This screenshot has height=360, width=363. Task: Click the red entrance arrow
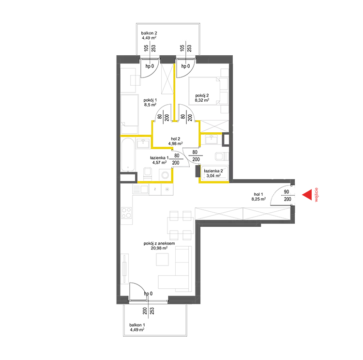pos(307,195)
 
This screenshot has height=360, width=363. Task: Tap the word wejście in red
pos(317,195)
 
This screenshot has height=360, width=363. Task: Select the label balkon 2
pos(149,33)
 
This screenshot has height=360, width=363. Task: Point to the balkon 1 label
pos(137,325)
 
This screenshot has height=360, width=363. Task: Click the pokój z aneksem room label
pos(159,243)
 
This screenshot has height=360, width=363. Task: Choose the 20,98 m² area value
pos(159,248)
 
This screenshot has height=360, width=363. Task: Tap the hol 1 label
pos(258,194)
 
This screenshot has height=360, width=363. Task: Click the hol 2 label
pos(175,139)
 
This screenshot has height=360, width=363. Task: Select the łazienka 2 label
pos(213,171)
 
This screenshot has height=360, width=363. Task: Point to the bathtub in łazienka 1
pos(128,155)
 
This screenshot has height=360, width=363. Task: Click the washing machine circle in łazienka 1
pos(165,175)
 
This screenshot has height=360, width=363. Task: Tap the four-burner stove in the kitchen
pos(126,213)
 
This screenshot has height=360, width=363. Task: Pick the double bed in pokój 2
pos(204,91)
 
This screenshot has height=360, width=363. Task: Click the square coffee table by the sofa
pos(162,259)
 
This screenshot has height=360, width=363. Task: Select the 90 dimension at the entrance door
pos(287,192)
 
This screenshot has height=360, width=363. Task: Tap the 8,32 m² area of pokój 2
pos(202,100)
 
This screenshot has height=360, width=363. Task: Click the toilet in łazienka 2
pos(222,157)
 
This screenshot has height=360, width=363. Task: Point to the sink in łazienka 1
pos(143,143)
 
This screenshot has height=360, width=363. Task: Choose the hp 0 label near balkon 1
pos(148,294)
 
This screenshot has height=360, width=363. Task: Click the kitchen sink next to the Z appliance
pos(140,189)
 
